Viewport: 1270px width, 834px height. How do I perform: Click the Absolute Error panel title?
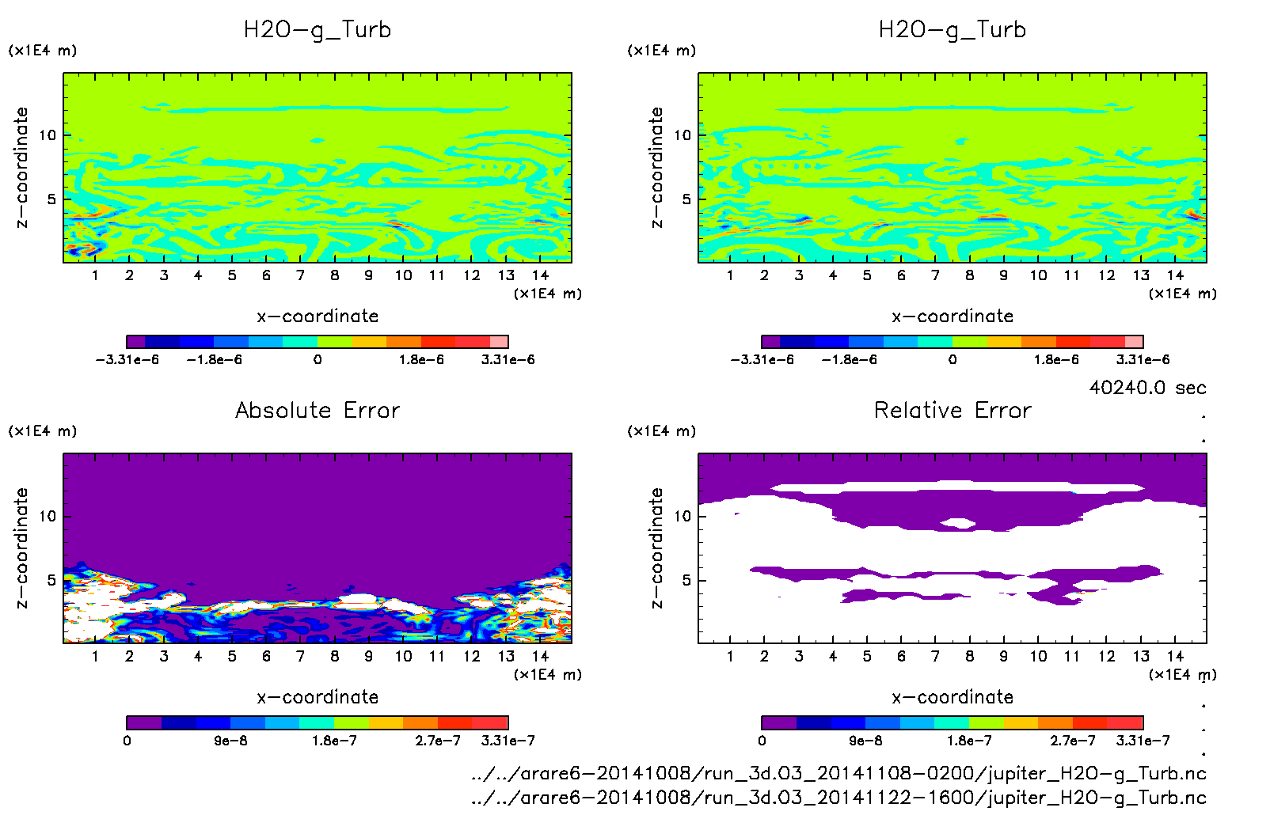click(x=317, y=410)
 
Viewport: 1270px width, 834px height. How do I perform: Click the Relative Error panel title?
click(x=952, y=410)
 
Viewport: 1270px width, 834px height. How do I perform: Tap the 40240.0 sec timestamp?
click(x=1147, y=388)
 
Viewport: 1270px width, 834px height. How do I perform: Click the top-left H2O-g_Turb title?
click(x=317, y=30)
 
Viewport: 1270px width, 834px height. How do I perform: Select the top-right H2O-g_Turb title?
click(x=952, y=30)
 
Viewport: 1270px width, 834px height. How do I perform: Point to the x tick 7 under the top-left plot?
click(x=300, y=275)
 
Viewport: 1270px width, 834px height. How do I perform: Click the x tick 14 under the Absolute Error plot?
click(x=540, y=656)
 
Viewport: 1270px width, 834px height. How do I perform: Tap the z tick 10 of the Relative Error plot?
click(x=683, y=516)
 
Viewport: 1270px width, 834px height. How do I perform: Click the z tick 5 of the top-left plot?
click(x=51, y=199)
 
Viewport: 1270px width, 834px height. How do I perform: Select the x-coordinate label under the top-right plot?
click(x=952, y=317)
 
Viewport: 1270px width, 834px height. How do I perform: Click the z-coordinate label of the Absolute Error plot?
click(x=21, y=548)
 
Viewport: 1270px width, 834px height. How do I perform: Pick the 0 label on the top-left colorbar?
click(x=317, y=359)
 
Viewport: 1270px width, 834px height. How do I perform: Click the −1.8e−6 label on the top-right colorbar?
click(x=849, y=359)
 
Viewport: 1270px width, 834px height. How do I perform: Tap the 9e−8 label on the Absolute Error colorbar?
click(x=230, y=741)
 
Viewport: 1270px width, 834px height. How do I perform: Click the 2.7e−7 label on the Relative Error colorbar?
click(x=1072, y=741)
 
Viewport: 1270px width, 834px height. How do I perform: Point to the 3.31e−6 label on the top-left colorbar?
click(x=508, y=359)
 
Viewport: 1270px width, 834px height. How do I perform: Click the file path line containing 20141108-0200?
click(x=838, y=773)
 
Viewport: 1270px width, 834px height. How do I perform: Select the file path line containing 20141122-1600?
click(x=838, y=798)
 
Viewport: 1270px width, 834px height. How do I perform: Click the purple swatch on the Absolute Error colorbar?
click(x=144, y=722)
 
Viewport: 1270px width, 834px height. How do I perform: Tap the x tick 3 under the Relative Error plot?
click(x=799, y=656)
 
